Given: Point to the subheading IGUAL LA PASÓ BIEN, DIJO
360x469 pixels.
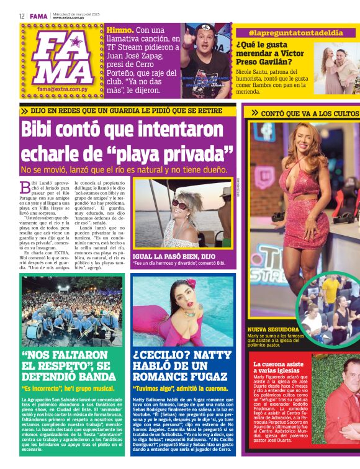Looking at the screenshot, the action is [x=174, y=255].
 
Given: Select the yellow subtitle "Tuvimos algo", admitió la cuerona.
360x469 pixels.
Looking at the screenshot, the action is [x=180, y=389].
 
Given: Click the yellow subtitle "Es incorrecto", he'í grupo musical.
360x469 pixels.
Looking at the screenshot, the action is [x=69, y=389].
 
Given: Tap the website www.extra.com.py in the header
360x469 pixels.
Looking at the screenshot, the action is [x=71, y=18].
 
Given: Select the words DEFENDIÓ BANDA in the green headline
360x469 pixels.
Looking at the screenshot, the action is [x=65, y=377].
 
